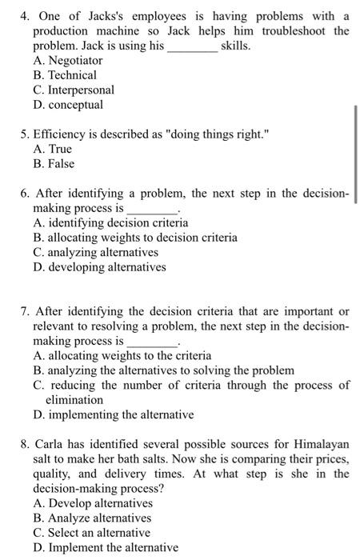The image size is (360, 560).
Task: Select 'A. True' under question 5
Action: [x=54, y=149]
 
